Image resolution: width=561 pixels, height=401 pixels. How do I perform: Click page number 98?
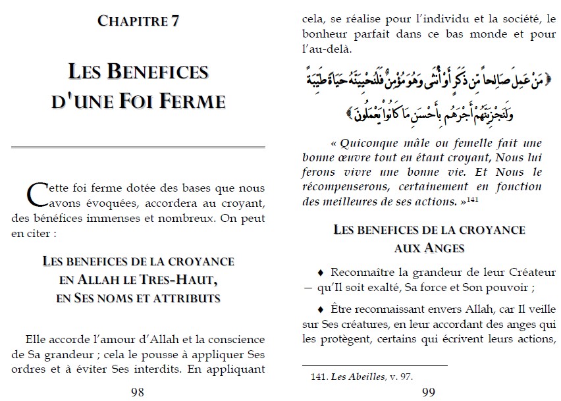(138, 392)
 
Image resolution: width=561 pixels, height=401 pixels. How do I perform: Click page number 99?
(427, 392)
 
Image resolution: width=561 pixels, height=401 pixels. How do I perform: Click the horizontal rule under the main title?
(138, 146)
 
